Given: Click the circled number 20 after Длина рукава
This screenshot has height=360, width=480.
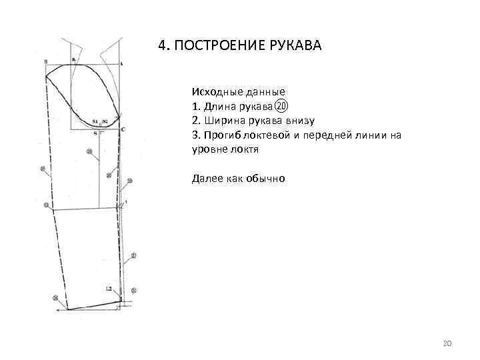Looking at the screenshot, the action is [x=281, y=106].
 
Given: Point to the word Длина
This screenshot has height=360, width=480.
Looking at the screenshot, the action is [x=217, y=106].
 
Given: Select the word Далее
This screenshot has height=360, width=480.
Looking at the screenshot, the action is [x=206, y=178].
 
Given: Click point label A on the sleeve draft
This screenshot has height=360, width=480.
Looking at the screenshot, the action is [x=121, y=62].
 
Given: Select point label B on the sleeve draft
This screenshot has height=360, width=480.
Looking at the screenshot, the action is [x=45, y=62].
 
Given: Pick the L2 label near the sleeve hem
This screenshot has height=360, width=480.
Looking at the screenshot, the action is [x=109, y=289].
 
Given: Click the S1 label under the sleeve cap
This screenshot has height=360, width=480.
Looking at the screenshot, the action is [x=95, y=121].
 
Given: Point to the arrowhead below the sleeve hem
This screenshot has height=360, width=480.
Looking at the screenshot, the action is [x=59, y=310].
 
